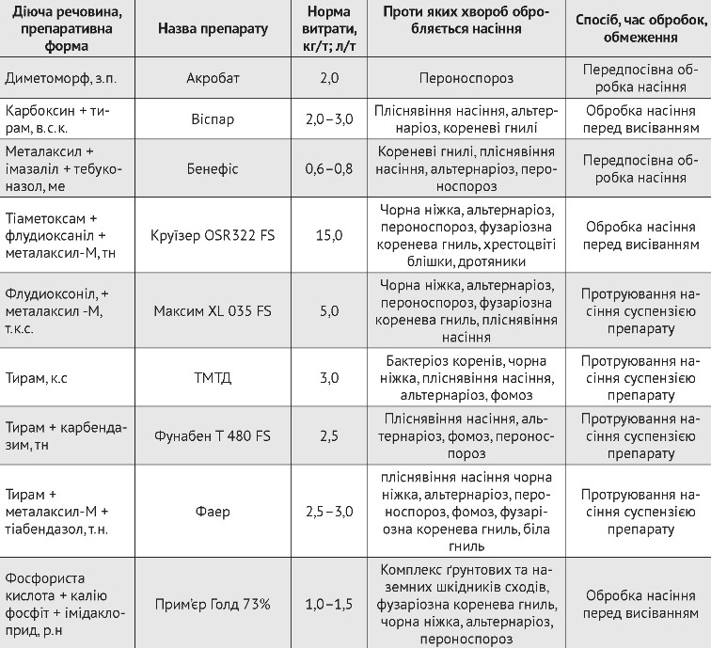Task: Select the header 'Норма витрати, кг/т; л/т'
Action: (328, 29)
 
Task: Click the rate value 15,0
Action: (328, 234)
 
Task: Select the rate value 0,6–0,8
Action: (328, 168)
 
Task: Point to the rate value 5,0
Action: (328, 309)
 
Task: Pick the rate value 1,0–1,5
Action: (328, 603)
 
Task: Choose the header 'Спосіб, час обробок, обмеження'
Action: (640, 29)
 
